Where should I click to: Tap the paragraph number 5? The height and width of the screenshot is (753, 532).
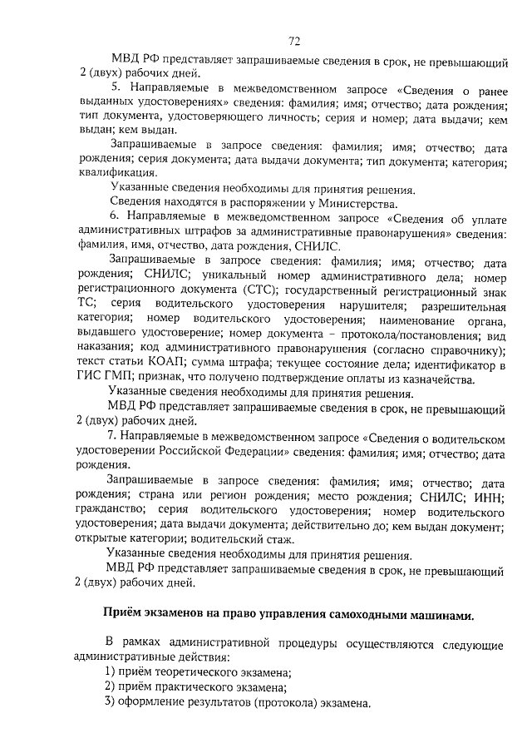116,86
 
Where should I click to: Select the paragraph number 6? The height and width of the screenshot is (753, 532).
116,217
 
